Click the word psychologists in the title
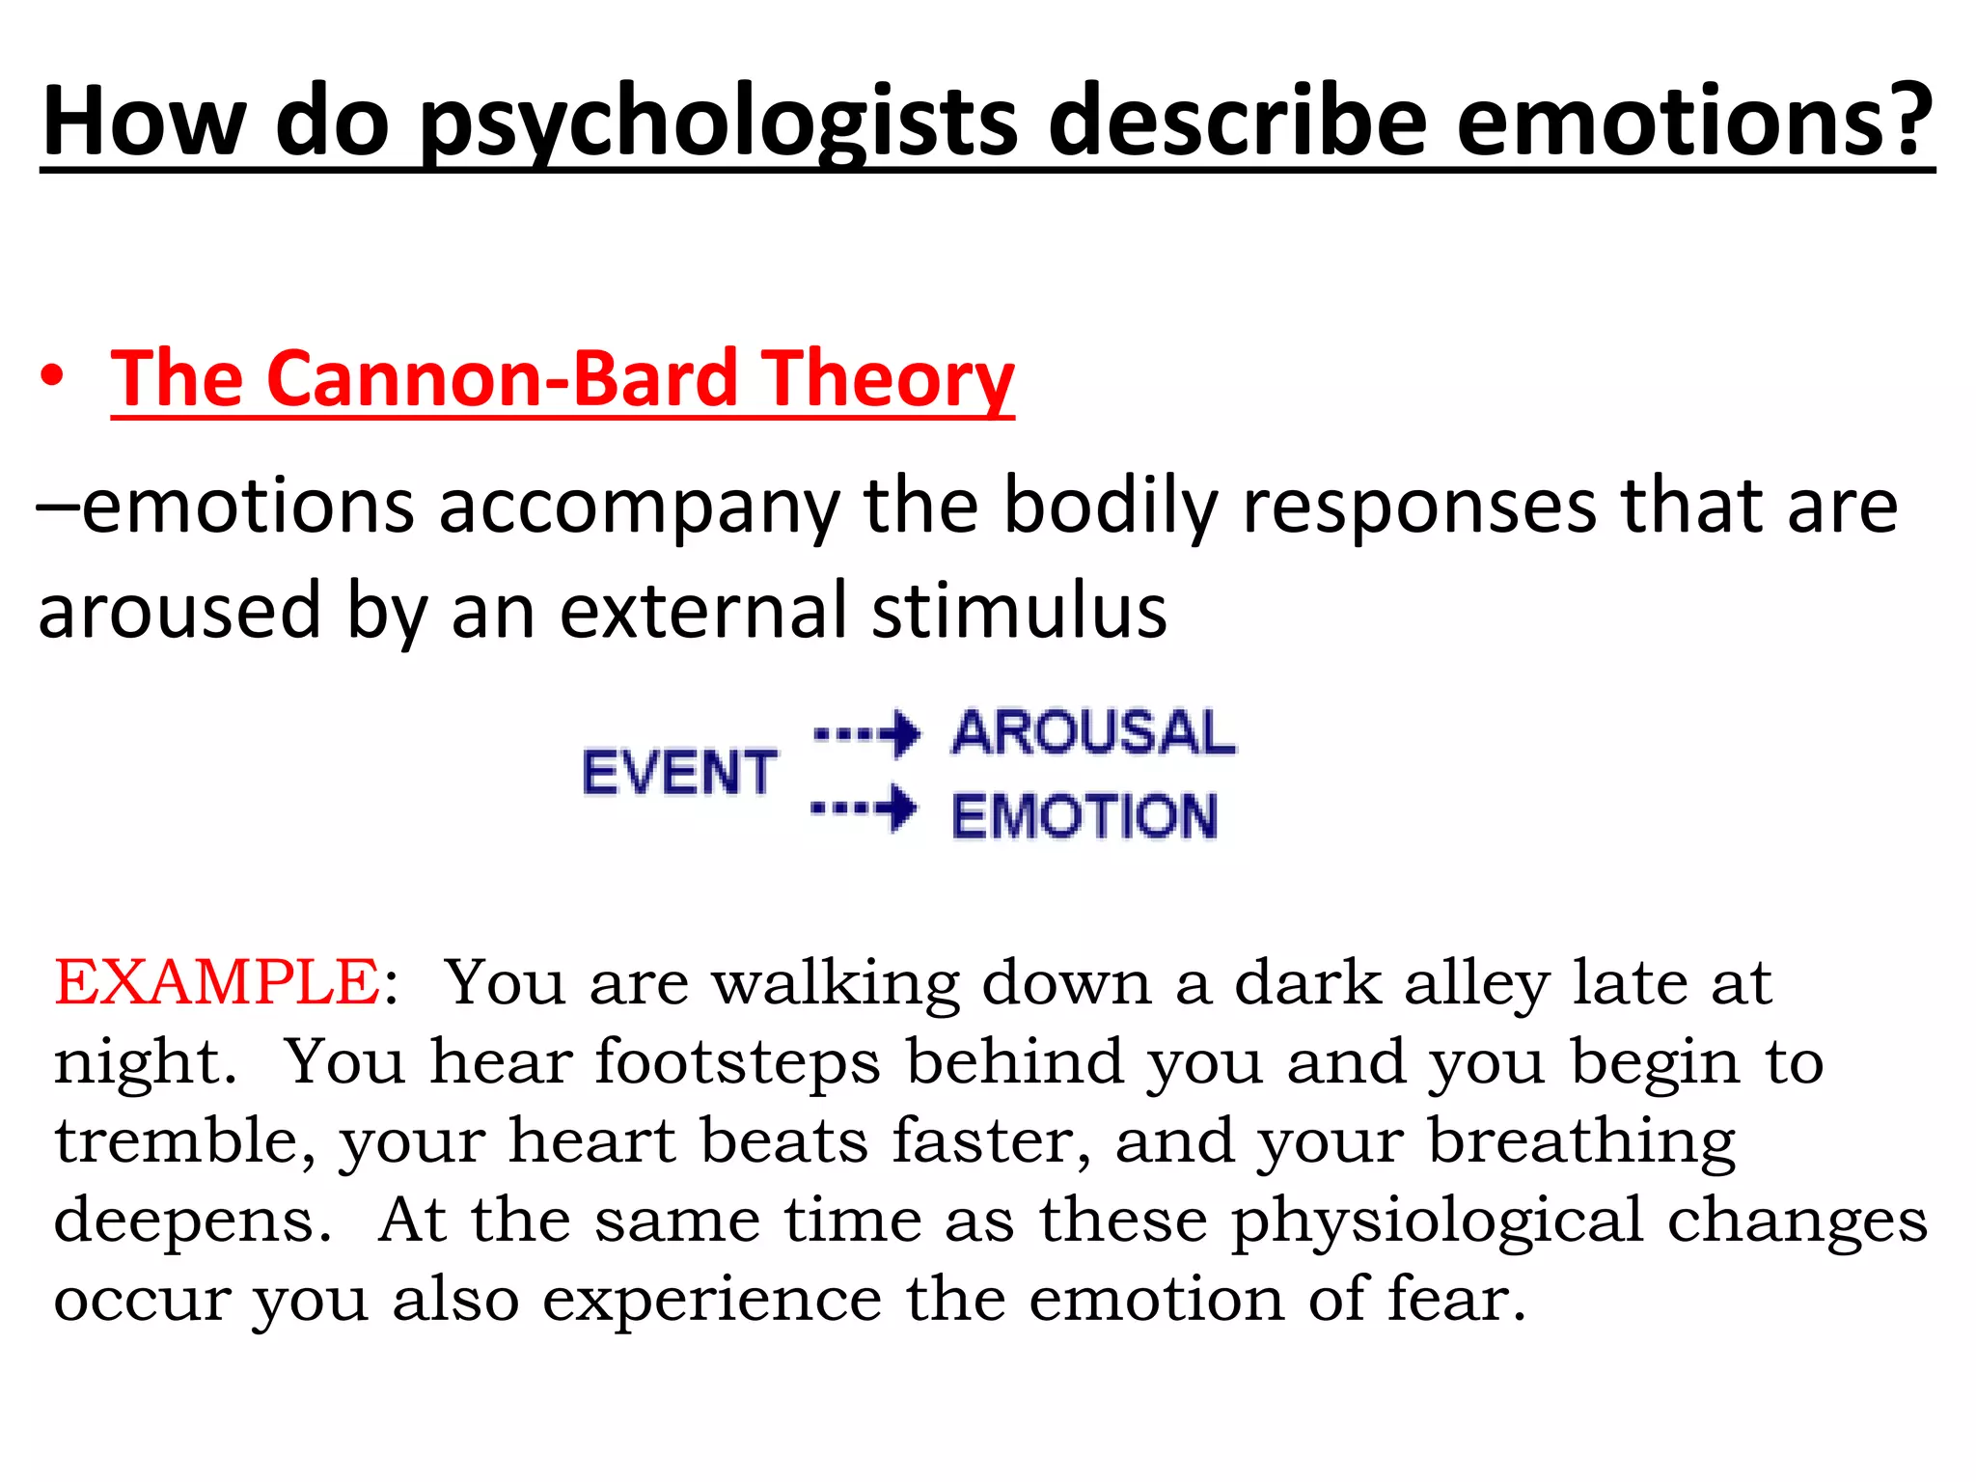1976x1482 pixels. tap(719, 123)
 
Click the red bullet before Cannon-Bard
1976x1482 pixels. tap(52, 377)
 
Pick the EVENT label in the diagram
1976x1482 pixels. tap(679, 772)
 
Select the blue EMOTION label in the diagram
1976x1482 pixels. tap(1084, 815)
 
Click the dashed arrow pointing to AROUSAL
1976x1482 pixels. tap(866, 734)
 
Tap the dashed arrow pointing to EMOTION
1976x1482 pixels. tap(864, 808)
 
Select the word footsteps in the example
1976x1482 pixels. tap(737, 1062)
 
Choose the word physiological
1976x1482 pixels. tap(1438, 1221)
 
